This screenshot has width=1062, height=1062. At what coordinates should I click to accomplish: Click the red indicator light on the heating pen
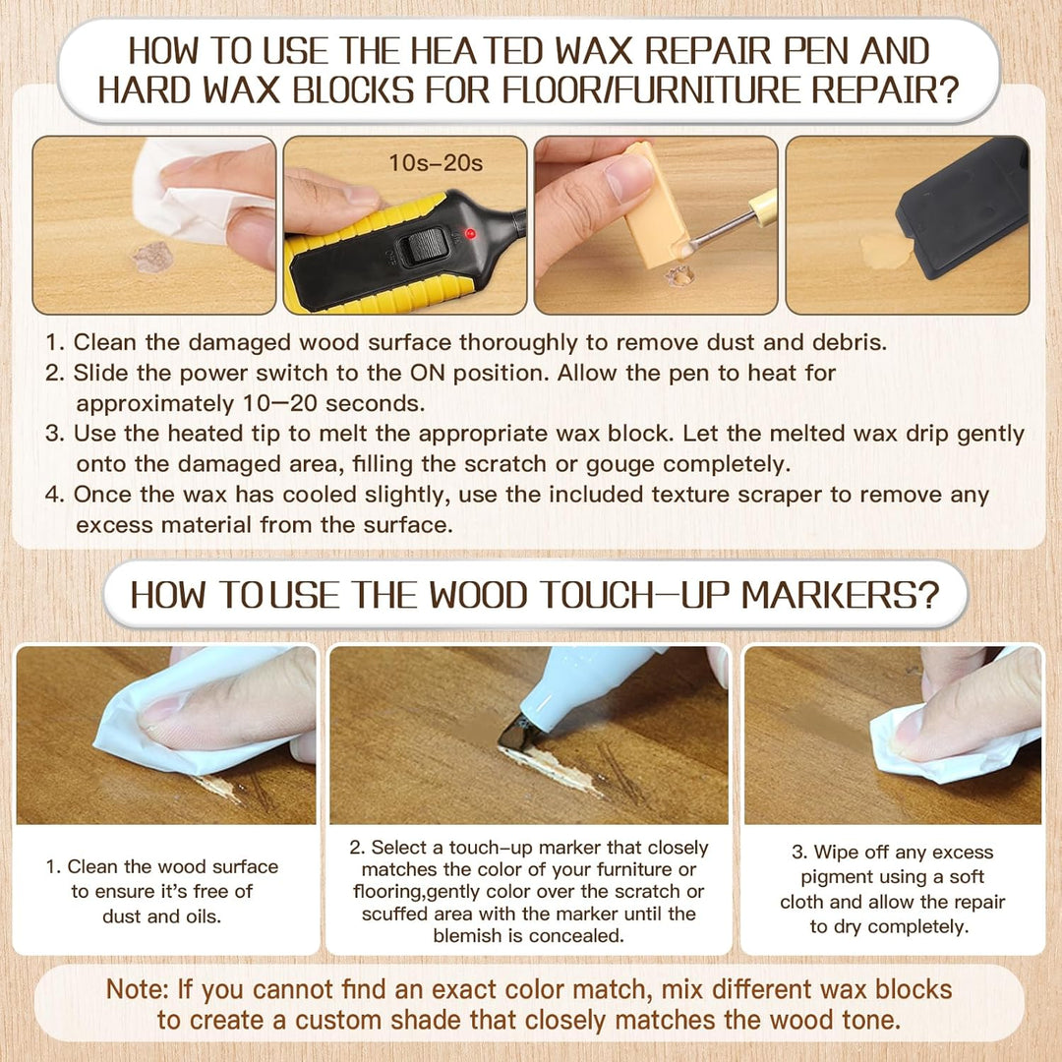pyautogui.click(x=469, y=234)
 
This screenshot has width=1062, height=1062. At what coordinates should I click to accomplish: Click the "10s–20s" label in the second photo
pyautogui.click(x=436, y=163)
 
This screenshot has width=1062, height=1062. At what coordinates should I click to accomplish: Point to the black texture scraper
pyautogui.click(x=963, y=207)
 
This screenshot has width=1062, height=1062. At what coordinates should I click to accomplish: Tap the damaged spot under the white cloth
pyautogui.click(x=152, y=257)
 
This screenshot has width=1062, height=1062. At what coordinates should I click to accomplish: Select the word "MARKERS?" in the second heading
pyautogui.click(x=840, y=595)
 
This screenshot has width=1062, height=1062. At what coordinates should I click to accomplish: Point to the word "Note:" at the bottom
pyautogui.click(x=138, y=989)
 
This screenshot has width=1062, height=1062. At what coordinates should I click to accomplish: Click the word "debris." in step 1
pyautogui.click(x=850, y=342)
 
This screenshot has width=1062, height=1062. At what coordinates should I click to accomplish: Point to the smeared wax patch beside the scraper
pyautogui.click(x=886, y=251)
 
